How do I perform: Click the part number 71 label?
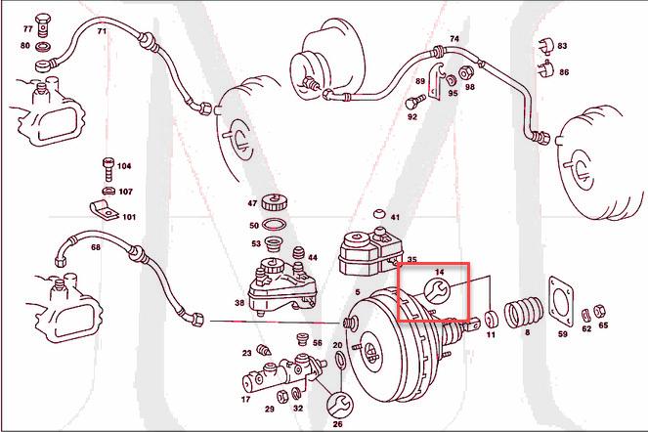pos(102,31)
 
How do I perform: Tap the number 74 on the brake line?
pos(454,39)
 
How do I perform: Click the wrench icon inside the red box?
pos(437,290)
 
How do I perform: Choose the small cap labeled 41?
pos(378,215)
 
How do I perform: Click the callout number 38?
pos(239,303)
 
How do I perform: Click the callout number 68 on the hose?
pos(96,247)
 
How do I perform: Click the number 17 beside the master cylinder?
pos(245,399)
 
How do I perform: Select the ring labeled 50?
pos(277,225)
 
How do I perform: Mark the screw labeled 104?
pos(106,168)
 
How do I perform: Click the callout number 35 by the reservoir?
pos(411,260)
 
